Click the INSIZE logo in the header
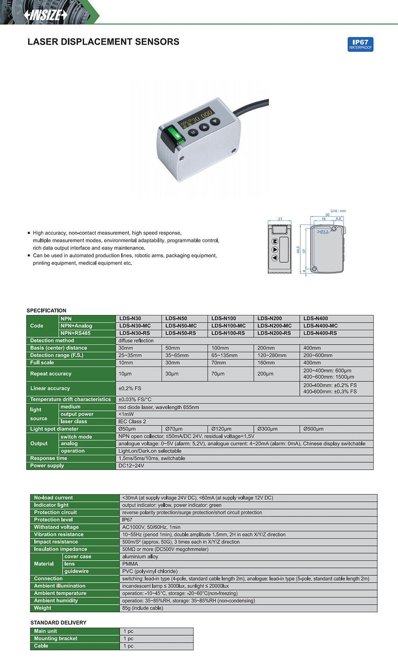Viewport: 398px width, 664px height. [46, 15]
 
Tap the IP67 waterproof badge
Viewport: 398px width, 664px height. [360, 44]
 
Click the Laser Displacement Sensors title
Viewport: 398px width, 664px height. [103, 42]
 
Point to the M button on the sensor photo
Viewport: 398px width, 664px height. [193, 132]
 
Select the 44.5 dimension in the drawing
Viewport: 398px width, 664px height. [298, 250]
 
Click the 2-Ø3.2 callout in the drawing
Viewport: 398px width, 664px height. [322, 231]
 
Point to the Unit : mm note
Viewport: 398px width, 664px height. [338, 211]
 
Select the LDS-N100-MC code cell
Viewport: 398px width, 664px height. [228, 326]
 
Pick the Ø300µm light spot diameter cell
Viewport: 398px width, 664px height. [267, 429]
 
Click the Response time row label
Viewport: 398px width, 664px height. [49, 459]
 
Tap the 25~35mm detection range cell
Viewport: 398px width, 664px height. [130, 355]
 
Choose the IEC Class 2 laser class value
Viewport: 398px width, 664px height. [132, 421]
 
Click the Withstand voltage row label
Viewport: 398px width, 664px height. [56, 527]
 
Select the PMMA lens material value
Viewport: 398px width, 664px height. [130, 564]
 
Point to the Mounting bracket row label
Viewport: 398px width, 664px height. [56, 638]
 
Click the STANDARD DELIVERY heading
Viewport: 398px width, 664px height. [58, 622]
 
